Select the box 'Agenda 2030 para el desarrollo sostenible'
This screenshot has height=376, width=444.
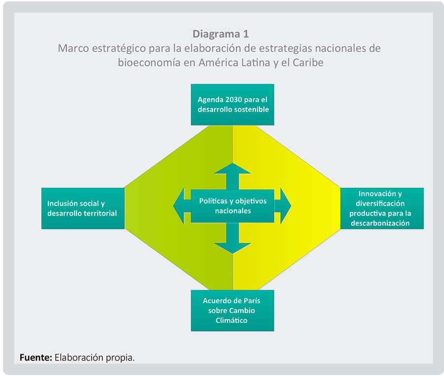coord(232,104)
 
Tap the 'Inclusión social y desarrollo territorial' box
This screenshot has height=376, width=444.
coord(82,208)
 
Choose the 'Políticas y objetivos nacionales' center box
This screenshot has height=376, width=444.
coord(232,205)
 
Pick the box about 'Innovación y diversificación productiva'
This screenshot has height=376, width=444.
coord(381,208)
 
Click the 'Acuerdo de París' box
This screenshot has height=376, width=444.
coord(232,310)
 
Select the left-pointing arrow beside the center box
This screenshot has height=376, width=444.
coord(180,205)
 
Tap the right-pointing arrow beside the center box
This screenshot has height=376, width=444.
coord(284,205)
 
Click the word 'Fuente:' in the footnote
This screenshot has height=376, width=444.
coord(36,357)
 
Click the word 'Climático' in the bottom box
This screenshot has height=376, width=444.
coord(232,320)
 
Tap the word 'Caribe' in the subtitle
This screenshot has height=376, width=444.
coord(307,63)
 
